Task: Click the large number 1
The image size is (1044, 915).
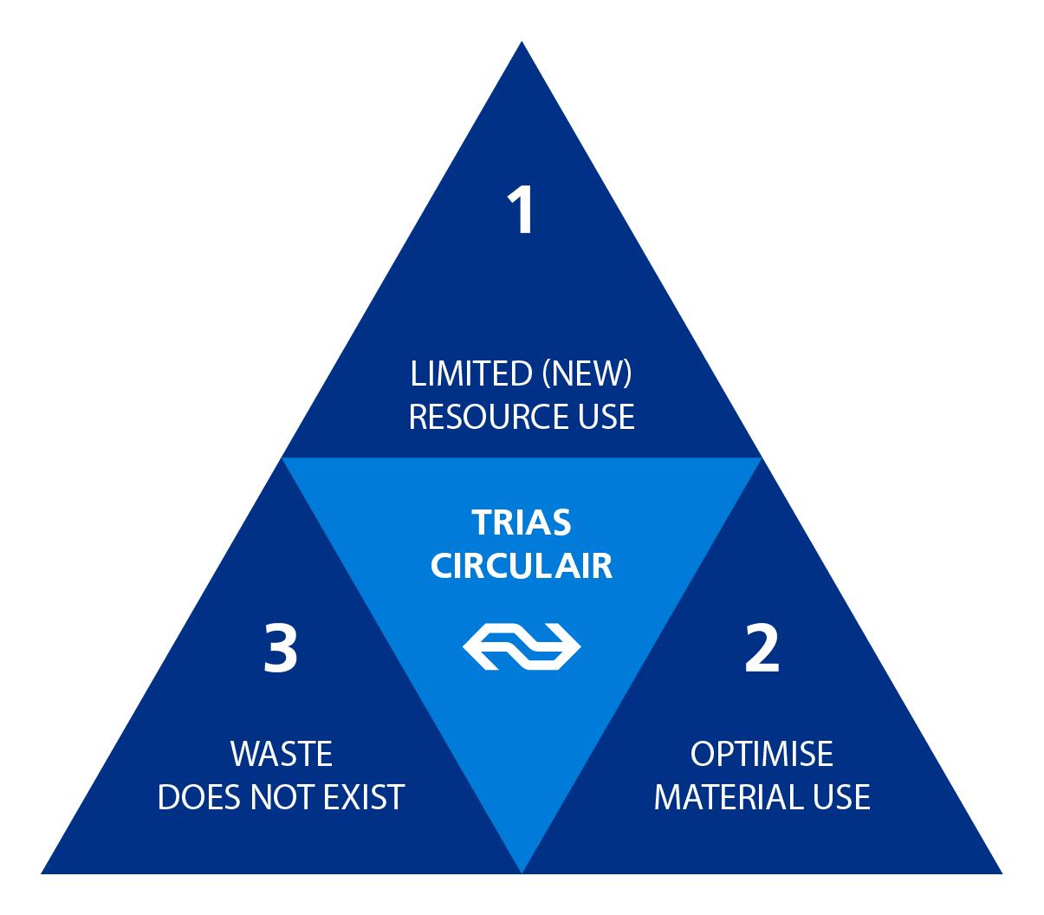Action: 521,211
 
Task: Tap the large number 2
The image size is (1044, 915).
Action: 762,650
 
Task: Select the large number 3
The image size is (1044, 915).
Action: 281,650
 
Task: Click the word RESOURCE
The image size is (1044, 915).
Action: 477,417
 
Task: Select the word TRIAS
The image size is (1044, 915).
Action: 522,523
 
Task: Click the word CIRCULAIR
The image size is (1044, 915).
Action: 522,567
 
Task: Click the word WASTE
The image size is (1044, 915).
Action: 282,754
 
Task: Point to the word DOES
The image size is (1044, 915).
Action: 200,797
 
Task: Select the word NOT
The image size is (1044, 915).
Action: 285,797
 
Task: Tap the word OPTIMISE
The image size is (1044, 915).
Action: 762,754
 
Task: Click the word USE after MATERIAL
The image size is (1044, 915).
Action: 837,797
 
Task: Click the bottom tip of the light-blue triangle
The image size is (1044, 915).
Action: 522,869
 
